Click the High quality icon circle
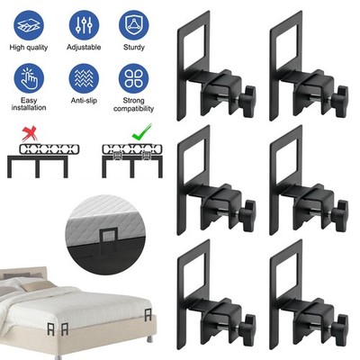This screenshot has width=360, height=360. click(x=29, y=25)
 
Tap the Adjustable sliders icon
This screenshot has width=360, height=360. click(x=84, y=25)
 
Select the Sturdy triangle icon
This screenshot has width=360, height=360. click(x=134, y=25)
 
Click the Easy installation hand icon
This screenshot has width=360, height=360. click(x=29, y=78)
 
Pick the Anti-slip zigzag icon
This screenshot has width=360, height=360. click(x=84, y=78)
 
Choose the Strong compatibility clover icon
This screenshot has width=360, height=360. click(x=134, y=78)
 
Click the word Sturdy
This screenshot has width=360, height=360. click(x=134, y=48)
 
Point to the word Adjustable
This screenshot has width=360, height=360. click(x=84, y=48)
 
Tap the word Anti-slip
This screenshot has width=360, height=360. click(x=84, y=101)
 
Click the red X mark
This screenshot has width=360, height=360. click(x=30, y=133)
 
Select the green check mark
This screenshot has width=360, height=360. click(x=141, y=132)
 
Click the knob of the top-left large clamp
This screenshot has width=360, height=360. click(x=249, y=102)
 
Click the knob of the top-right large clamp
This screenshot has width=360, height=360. click(x=341, y=102)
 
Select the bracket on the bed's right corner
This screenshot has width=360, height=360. click(x=148, y=315)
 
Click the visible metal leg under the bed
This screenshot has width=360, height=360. click(x=148, y=339)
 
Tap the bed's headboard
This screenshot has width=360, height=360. click(x=23, y=274)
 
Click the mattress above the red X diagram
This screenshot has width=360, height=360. click(x=49, y=149)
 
